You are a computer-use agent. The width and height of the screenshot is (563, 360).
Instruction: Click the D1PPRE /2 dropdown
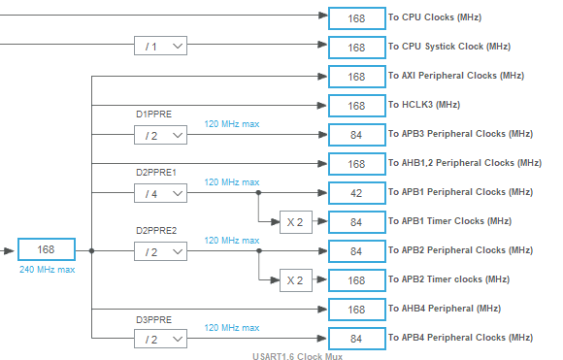[x=160, y=135]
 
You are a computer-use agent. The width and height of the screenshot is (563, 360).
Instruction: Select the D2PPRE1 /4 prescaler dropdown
[x=160, y=193]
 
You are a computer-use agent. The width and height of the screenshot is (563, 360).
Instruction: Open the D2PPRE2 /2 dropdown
[x=160, y=251]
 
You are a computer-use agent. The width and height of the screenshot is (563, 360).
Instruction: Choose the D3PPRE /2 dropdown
[x=160, y=339]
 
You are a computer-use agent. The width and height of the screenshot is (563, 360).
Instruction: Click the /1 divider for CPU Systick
[x=160, y=46]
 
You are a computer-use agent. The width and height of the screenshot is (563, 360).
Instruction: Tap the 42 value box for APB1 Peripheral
[x=356, y=193]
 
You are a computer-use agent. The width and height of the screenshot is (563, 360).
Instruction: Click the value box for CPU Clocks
[x=356, y=17]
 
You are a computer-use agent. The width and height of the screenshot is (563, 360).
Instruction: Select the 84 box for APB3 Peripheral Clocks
[x=356, y=135]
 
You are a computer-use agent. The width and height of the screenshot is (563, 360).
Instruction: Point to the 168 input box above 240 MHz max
[x=46, y=250]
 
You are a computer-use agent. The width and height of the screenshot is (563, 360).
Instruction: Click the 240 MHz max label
[x=46, y=270]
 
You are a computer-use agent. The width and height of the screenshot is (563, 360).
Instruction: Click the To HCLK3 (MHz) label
[x=424, y=105]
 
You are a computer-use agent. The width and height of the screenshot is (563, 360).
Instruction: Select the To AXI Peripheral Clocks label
[x=455, y=76]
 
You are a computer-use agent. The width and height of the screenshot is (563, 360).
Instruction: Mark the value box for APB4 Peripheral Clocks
[x=356, y=339]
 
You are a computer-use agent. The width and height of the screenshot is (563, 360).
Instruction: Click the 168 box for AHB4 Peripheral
[x=356, y=310]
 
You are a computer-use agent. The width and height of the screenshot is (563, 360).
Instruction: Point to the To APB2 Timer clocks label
[x=447, y=280]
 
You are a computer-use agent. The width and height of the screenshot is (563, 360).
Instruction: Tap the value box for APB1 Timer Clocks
[x=356, y=222]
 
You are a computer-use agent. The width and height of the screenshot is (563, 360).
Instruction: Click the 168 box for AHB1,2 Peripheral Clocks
[x=356, y=164]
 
